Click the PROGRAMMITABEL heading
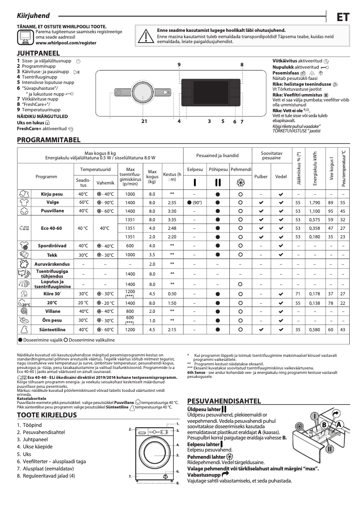point(48,140)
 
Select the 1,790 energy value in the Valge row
point(314,202)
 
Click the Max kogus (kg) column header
point(152,176)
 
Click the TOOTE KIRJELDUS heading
point(46,415)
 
